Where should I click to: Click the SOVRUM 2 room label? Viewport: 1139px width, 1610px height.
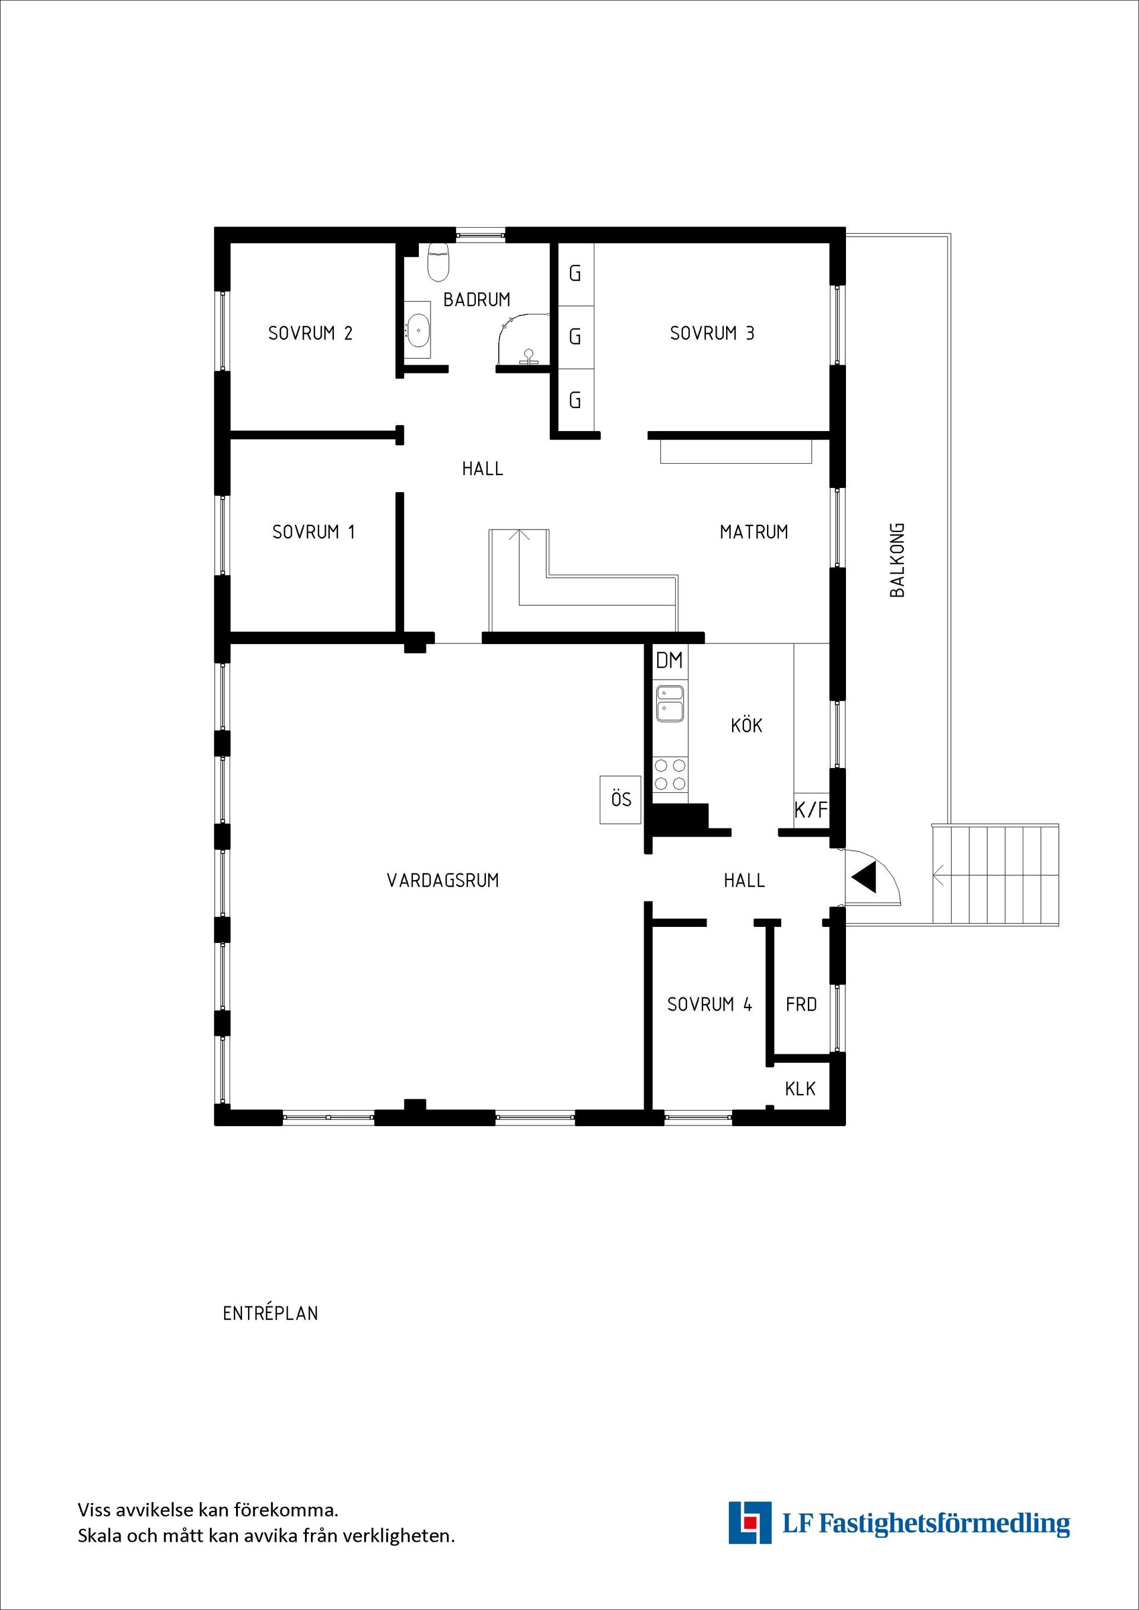coord(310,333)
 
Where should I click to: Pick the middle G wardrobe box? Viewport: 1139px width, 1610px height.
coord(575,337)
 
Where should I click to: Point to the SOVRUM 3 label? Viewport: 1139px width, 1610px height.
coord(712,333)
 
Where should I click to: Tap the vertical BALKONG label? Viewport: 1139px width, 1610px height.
coord(897,560)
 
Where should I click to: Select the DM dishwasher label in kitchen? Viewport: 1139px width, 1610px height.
coord(669,661)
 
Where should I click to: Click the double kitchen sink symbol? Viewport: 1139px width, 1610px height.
coord(670,703)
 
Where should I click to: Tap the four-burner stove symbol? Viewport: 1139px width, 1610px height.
coord(670,774)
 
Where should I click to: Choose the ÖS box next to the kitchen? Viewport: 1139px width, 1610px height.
coord(621,799)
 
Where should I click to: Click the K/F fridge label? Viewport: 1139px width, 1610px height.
coord(811,811)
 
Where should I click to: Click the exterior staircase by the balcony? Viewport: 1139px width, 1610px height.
coord(994,875)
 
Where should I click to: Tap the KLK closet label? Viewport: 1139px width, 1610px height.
coord(800,1089)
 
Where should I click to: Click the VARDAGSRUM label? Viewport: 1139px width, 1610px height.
coord(443,881)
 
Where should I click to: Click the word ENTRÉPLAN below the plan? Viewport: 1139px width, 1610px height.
coord(270,1313)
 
